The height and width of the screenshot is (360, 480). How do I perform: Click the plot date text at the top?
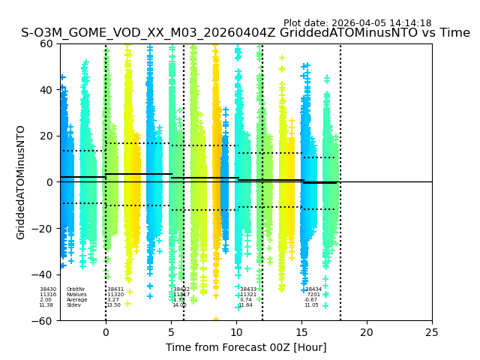point(357,23)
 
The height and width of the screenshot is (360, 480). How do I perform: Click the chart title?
point(245,33)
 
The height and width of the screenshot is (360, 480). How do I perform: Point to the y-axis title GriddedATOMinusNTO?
point(21,182)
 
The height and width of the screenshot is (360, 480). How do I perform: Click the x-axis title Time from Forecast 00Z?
point(246,347)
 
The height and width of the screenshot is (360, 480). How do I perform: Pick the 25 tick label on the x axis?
point(432,332)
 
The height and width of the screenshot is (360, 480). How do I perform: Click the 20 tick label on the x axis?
point(367,332)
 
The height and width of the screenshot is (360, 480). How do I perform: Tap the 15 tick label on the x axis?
point(301,332)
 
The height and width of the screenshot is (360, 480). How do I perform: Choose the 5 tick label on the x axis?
point(171,332)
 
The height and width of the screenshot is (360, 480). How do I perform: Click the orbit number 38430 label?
point(48,289)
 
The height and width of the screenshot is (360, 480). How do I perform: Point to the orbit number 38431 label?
point(115,289)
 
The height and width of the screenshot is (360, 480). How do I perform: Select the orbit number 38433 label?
point(248,289)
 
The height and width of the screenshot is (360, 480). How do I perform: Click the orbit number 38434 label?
point(313,289)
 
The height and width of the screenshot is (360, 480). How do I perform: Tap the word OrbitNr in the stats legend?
point(76,289)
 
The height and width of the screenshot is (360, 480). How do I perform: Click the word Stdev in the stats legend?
point(73,305)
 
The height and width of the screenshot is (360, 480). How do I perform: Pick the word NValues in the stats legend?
point(76,295)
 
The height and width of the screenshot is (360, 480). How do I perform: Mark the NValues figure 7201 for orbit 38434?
point(313,295)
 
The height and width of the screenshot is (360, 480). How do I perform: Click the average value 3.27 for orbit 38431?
point(113,300)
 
